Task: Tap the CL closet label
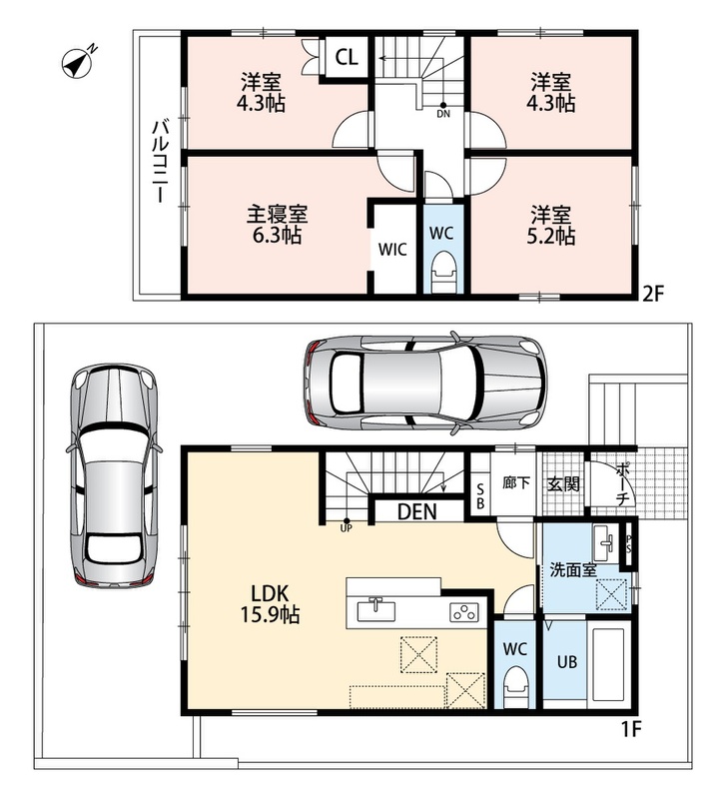coord(347,57)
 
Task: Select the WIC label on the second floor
coord(392,250)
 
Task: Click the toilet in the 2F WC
coord(442,273)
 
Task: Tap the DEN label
coord(416,511)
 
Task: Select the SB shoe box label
coord(480,496)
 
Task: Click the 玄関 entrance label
coord(563,483)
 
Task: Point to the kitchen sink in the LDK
coord(376,610)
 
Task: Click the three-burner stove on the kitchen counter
coord(464,611)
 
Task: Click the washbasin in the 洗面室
coord(605,543)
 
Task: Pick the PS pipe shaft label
coord(629,543)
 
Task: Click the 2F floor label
coord(653,294)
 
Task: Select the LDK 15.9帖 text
coord(270,604)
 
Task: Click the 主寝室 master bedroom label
coord(278,215)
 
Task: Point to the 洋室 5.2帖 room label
coord(551,226)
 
